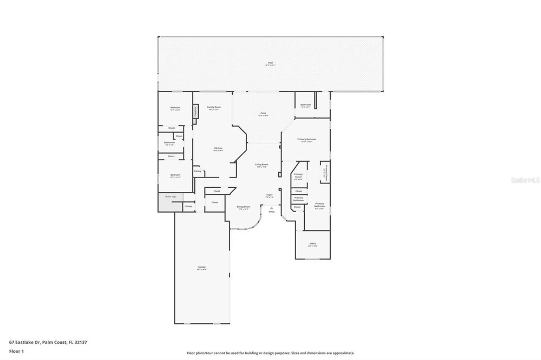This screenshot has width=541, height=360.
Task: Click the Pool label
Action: click(x=270, y=63)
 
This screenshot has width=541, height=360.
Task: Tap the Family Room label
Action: click(x=214, y=107)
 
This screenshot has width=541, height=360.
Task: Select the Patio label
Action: click(x=263, y=113)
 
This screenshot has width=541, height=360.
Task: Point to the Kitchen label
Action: click(x=218, y=148)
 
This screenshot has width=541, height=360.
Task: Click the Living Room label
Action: click(x=262, y=165)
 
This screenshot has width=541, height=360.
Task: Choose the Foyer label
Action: click(x=269, y=195)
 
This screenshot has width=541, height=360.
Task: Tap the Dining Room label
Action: click(x=243, y=207)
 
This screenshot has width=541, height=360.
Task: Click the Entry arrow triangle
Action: click(x=272, y=208)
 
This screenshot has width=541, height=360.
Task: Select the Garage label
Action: click(x=202, y=267)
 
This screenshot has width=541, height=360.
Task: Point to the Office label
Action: click(x=313, y=244)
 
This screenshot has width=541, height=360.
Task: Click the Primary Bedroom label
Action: click(x=306, y=139)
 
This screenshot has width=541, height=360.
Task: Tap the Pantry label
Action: click(x=197, y=171)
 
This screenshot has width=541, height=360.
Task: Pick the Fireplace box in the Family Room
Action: click(x=196, y=111)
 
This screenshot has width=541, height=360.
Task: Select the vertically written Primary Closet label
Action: click(x=326, y=172)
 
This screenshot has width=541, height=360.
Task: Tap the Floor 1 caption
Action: click(x=17, y=351)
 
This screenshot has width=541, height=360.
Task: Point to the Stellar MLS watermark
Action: click(x=525, y=180)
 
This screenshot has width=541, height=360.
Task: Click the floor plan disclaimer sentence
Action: click(x=270, y=353)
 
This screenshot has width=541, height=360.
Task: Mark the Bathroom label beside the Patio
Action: click(x=306, y=105)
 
